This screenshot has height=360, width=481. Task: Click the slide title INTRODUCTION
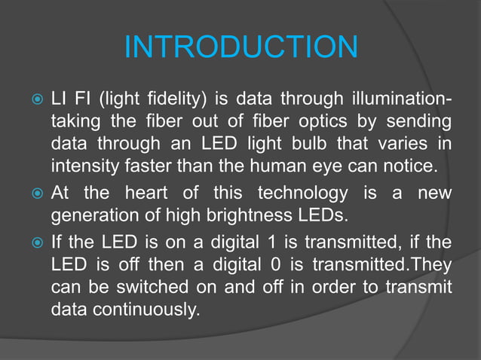pyautogui.click(x=240, y=48)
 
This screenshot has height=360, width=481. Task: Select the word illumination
pyautogui.click(x=398, y=99)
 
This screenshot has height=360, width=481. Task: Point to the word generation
pyautogui.click(x=90, y=216)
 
